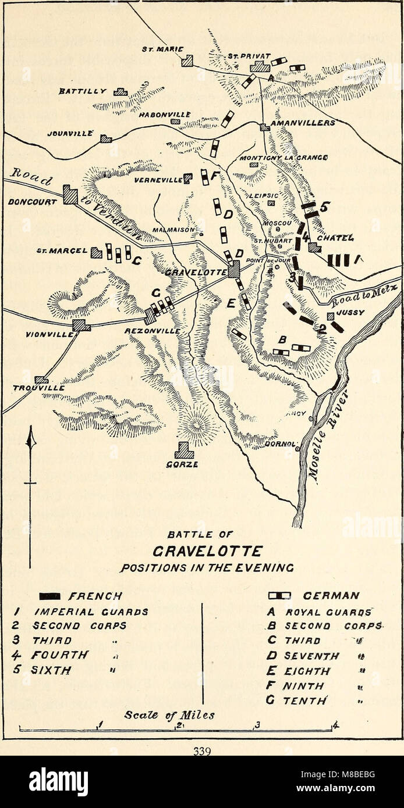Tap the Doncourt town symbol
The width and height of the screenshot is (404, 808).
[x=70, y=195]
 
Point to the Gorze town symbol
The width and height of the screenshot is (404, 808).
[x=185, y=450]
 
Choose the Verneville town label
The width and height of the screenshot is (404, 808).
[x=158, y=180]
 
